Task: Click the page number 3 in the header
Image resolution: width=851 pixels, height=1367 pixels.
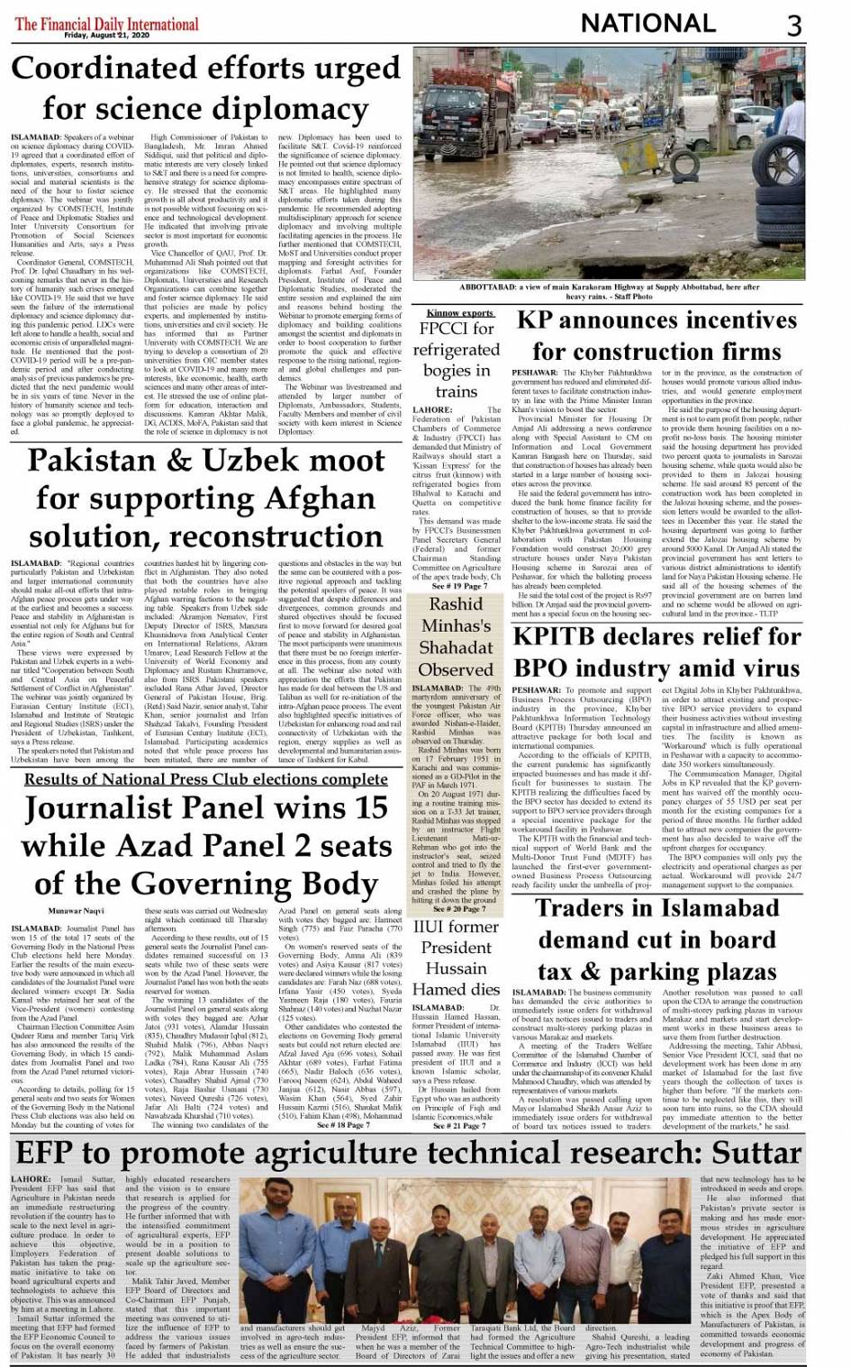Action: (x=793, y=24)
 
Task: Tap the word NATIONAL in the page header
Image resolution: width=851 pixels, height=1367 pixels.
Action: (x=648, y=23)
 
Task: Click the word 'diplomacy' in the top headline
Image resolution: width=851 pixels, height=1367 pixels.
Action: (x=280, y=109)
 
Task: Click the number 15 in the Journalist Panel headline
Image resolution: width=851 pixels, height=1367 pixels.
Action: (x=369, y=808)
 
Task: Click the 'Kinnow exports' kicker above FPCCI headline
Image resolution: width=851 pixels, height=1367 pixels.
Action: (x=459, y=312)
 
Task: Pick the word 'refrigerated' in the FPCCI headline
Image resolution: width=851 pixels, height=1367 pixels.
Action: (x=456, y=349)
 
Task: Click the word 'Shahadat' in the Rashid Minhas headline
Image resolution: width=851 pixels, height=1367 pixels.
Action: (x=456, y=647)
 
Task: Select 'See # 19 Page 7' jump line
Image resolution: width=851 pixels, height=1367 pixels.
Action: (x=459, y=586)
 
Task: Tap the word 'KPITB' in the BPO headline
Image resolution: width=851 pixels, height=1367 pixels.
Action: (x=565, y=636)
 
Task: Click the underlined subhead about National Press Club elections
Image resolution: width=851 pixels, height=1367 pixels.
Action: (x=206, y=779)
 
